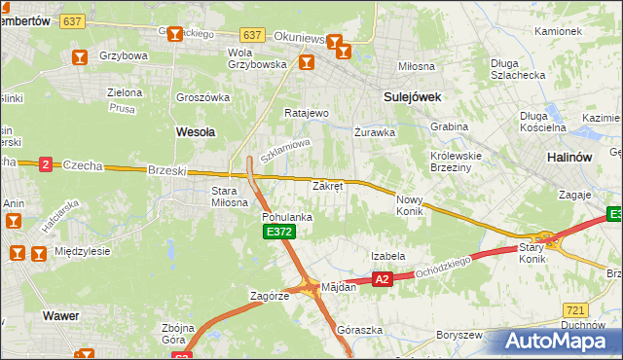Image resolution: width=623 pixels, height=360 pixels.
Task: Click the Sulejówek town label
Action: point(413,96)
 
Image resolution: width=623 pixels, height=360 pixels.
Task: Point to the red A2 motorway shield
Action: point(382,279)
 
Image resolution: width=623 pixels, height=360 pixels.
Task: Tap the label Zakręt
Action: point(327,186)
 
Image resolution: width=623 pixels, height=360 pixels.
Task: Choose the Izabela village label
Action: point(387,256)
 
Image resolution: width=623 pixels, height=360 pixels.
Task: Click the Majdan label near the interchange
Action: point(339,287)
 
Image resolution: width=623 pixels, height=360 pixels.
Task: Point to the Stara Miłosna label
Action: point(231,197)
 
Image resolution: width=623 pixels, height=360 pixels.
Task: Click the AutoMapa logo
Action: point(557,342)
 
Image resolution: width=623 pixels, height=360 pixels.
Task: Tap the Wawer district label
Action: point(60,315)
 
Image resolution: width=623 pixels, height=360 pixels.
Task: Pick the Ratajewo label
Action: point(306,113)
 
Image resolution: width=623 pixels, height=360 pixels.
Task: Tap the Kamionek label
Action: point(558,31)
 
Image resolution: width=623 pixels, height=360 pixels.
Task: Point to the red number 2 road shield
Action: point(45,164)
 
